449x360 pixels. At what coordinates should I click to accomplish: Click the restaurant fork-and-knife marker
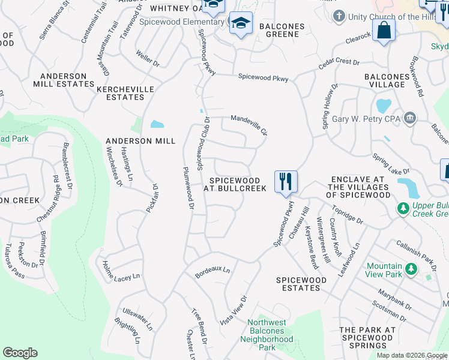286,181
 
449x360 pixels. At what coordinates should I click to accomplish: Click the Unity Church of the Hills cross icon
340,16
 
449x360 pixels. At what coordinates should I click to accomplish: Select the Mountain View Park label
384,270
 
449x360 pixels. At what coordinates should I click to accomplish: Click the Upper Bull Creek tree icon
404,208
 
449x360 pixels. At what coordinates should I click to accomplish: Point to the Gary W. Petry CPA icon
411,118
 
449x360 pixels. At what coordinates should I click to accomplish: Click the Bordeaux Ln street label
212,272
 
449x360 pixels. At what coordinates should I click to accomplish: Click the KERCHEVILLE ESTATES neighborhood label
125,93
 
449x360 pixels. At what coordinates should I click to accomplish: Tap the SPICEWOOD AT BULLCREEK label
234,184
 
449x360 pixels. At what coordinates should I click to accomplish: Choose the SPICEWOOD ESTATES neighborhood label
301,284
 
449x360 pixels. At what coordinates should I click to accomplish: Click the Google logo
20,352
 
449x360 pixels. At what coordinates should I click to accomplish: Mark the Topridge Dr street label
348,217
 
